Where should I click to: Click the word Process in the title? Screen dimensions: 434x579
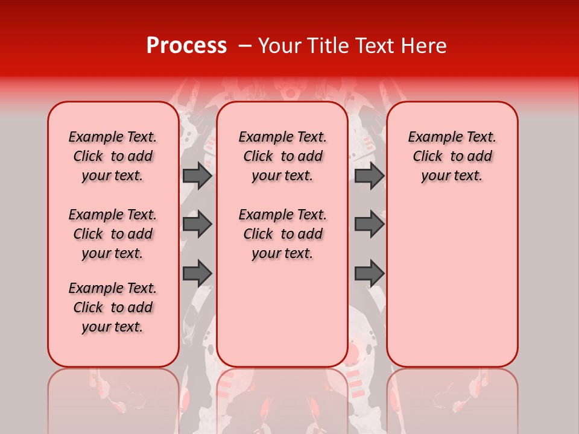(186, 46)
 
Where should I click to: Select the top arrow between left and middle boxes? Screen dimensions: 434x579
(197, 175)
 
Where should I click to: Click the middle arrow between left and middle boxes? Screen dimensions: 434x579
(197, 224)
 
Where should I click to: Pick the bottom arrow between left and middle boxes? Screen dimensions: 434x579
(197, 273)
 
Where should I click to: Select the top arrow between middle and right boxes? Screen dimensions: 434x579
(369, 175)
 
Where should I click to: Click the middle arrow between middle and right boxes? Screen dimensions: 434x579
(369, 224)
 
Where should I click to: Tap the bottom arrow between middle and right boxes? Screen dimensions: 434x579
(369, 273)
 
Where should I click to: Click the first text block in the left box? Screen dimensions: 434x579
(113, 156)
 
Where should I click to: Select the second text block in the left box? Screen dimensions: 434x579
(113, 234)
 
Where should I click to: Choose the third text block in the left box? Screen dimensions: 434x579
(113, 307)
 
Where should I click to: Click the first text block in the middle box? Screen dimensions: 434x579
(282, 156)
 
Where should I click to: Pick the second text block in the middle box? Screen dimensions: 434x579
(282, 234)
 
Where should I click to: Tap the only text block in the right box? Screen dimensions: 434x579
(452, 156)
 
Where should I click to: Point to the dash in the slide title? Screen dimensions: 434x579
(244, 46)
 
